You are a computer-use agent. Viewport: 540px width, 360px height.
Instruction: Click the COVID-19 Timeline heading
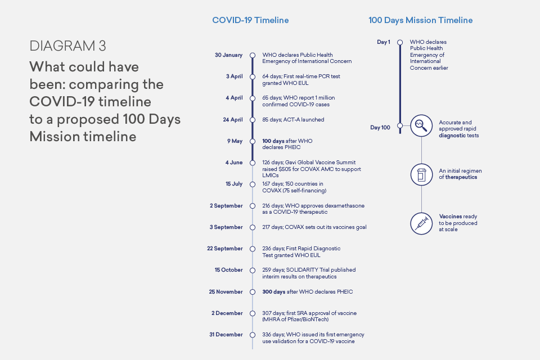point(250,20)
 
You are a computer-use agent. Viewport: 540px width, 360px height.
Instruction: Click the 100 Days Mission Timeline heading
point(420,20)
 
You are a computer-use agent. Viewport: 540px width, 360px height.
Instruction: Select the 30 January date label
point(228,55)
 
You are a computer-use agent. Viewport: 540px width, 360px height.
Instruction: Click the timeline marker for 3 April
point(253,76)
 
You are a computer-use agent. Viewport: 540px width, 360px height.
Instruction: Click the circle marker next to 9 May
point(253,141)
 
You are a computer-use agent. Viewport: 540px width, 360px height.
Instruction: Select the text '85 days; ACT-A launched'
point(293,120)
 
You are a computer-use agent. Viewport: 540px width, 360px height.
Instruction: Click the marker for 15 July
point(253,184)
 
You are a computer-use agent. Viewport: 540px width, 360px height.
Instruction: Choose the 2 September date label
point(226,206)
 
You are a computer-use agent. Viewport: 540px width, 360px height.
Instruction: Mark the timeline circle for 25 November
point(253,292)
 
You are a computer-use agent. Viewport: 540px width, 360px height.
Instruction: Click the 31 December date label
point(226,335)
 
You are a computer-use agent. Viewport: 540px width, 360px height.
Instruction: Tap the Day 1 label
point(384,42)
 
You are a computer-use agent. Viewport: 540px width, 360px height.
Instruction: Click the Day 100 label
point(380,128)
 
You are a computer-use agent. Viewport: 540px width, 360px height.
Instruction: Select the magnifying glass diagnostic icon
point(421,127)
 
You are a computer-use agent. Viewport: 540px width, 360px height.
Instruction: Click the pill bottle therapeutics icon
point(421,174)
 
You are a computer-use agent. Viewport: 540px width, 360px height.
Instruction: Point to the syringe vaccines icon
point(421,223)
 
